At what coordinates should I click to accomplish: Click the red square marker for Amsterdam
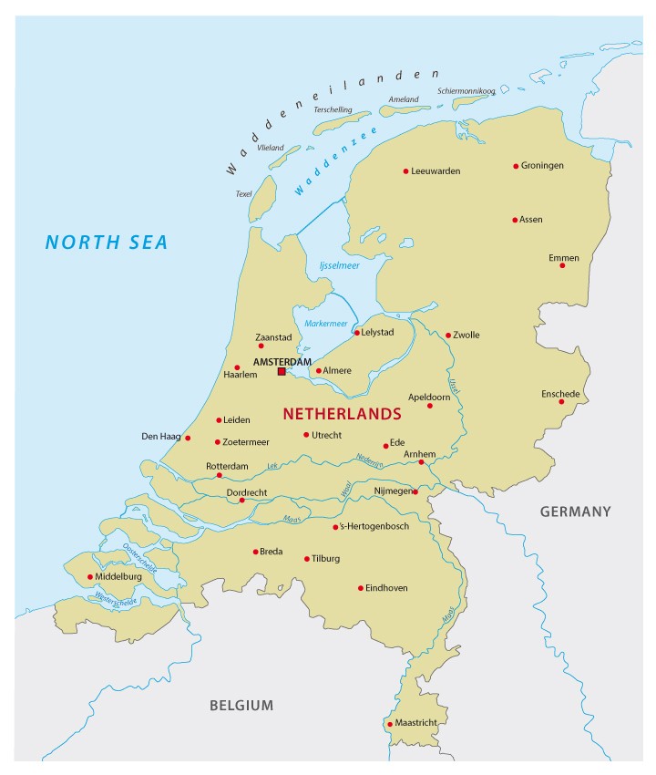click(282, 371)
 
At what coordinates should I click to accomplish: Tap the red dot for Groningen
click(516, 166)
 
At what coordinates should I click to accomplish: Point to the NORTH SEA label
click(108, 242)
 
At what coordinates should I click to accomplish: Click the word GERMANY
click(575, 511)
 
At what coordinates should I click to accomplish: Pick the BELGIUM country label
click(241, 705)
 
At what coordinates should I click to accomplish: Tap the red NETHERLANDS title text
click(342, 413)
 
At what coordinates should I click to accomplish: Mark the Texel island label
click(243, 193)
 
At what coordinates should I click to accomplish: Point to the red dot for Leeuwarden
click(405, 170)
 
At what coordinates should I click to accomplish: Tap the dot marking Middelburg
click(90, 576)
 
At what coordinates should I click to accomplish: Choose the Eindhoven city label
click(386, 588)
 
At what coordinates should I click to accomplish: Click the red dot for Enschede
click(561, 401)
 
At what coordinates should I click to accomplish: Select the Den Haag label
click(160, 437)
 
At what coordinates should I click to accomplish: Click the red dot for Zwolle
click(448, 335)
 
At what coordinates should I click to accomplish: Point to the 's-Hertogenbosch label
click(375, 527)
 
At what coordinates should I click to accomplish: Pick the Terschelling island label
click(333, 109)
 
